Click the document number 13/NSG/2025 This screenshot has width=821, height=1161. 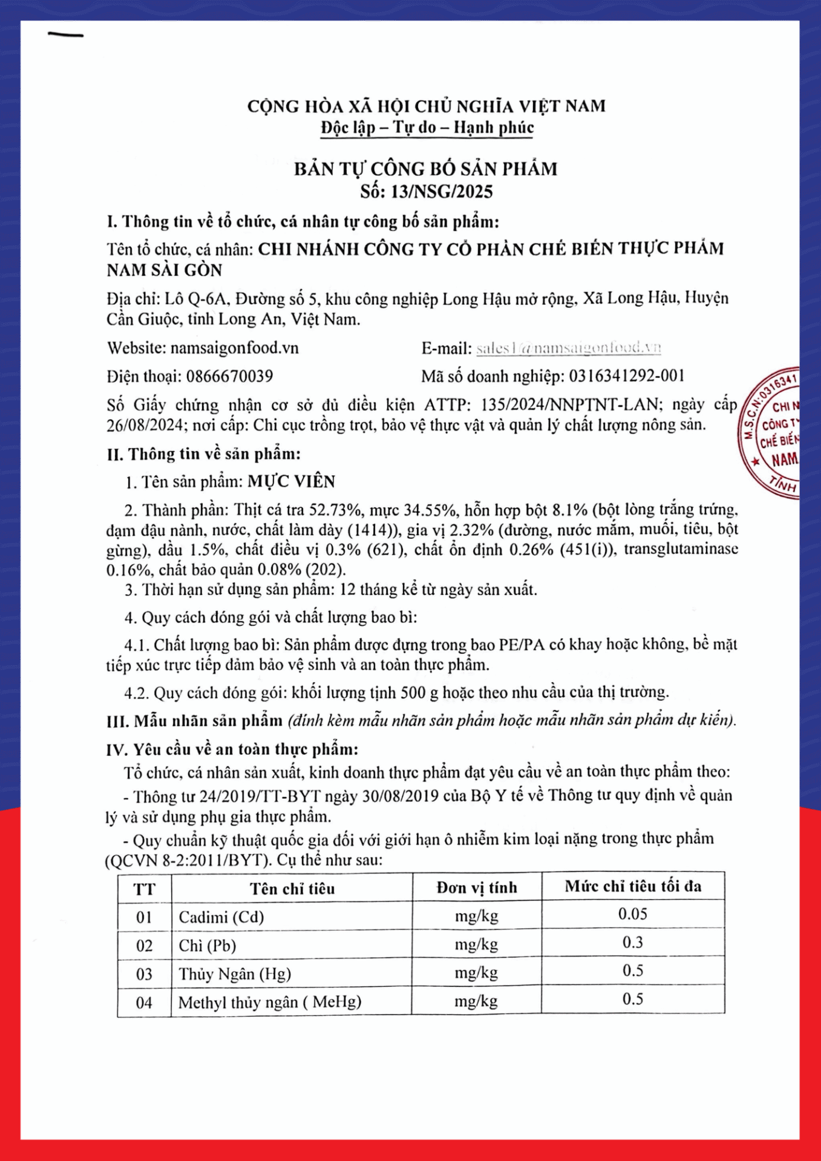442,192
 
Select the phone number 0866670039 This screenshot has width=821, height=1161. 229,376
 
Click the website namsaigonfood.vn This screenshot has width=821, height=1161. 234,348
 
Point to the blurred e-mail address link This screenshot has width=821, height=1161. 568,348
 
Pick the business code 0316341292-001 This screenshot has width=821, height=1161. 627,376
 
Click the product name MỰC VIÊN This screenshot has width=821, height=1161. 292,481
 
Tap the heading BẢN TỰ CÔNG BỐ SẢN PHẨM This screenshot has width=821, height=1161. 426,169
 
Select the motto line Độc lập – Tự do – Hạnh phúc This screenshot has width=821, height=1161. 427,128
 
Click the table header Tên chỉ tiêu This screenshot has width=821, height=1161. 292,888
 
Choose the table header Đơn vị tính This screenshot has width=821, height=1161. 477,887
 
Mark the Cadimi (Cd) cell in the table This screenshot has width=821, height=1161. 221,917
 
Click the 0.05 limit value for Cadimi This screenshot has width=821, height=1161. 633,914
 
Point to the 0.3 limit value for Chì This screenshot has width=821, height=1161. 633,942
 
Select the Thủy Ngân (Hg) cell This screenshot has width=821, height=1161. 235,974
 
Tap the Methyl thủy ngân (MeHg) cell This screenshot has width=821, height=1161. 270,1003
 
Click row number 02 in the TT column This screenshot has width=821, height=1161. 144,946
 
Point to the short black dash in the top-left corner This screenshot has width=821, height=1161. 65,35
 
